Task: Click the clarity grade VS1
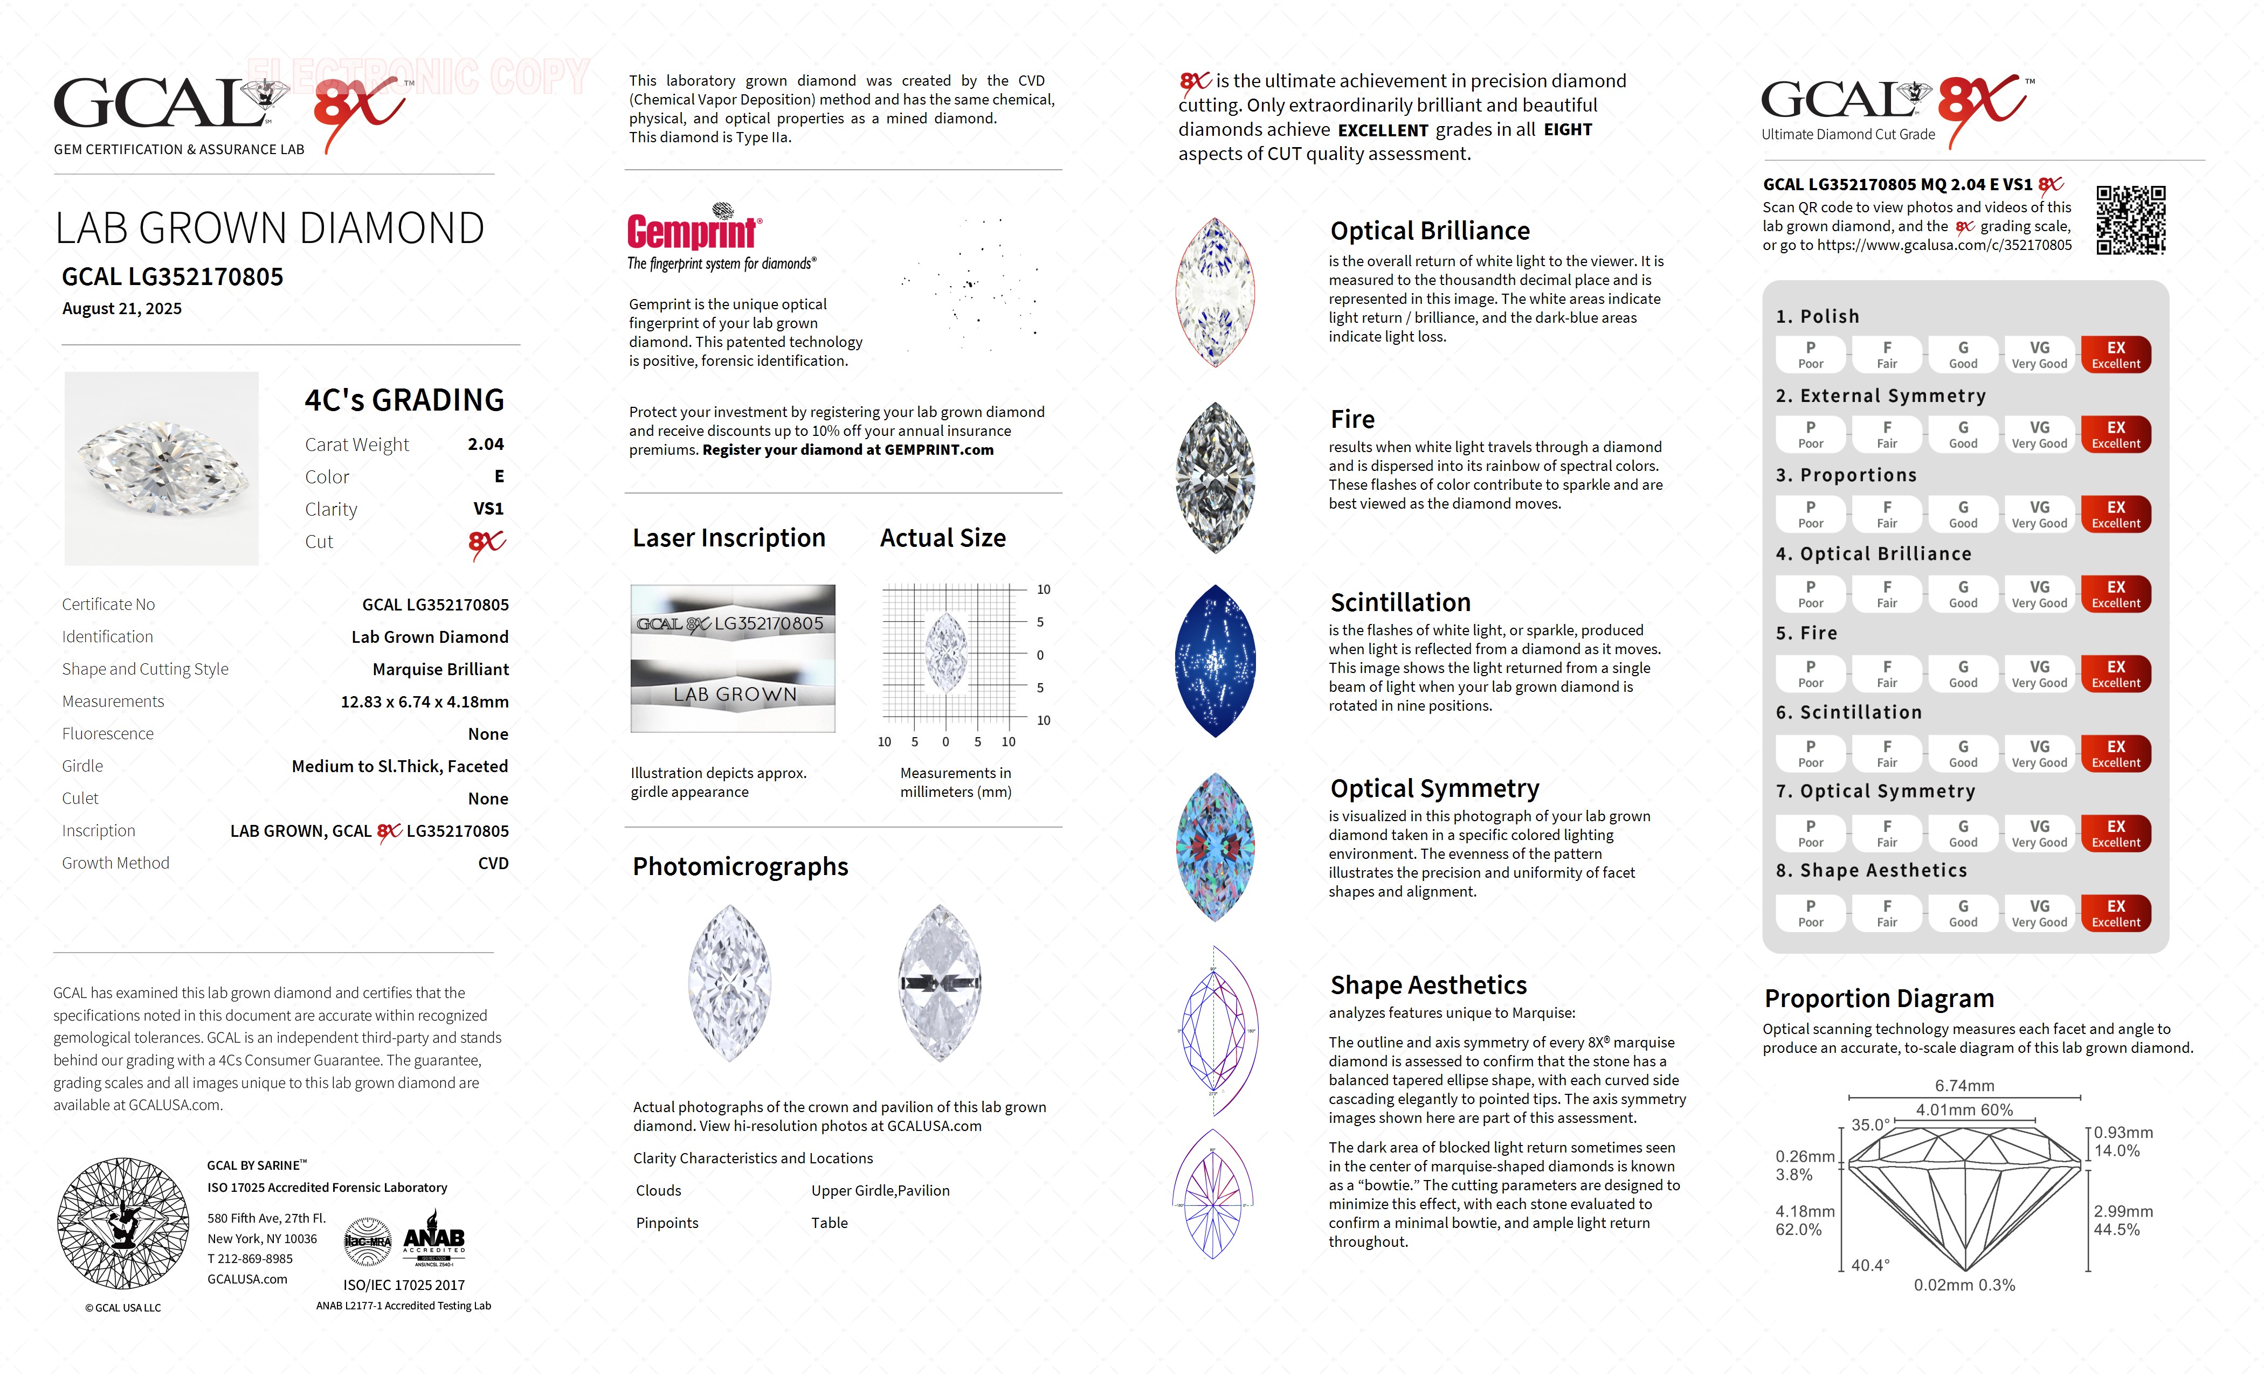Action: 488,509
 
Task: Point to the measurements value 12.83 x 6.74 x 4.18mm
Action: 425,702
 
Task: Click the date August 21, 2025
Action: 122,309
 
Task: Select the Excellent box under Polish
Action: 2115,355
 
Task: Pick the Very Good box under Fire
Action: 2039,674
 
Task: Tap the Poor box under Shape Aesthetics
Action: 1810,913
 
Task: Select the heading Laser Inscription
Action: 729,538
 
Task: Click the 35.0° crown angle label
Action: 1870,1125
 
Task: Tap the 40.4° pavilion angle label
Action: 1870,1265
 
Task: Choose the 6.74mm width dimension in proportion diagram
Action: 1964,1086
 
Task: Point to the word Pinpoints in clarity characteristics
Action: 667,1223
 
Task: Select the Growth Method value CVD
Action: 493,863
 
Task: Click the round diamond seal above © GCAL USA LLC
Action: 123,1223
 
